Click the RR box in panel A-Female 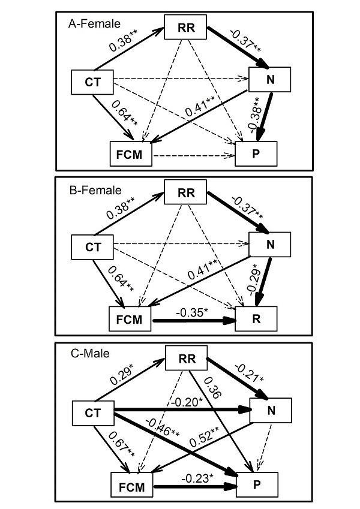(x=185, y=26)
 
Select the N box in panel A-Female (x=270, y=78)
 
